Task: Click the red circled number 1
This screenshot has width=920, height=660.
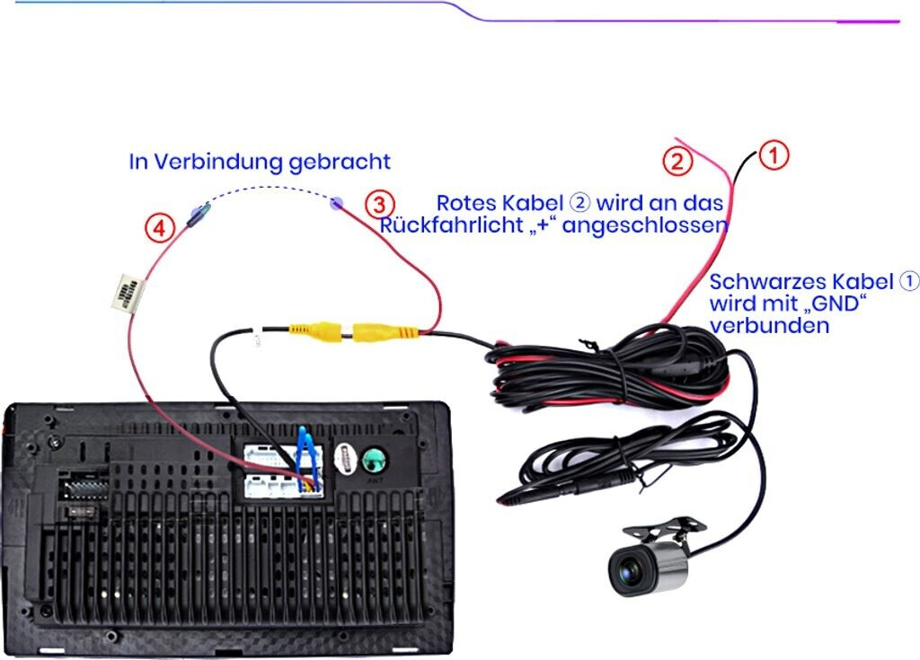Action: (774, 155)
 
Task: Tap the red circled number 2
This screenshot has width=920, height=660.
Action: (677, 162)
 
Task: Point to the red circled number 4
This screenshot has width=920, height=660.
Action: (159, 229)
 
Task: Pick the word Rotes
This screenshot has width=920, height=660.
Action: (466, 202)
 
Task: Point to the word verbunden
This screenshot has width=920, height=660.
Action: (769, 325)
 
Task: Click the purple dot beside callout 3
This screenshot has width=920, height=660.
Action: (337, 204)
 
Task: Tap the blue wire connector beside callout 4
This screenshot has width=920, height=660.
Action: (197, 213)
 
